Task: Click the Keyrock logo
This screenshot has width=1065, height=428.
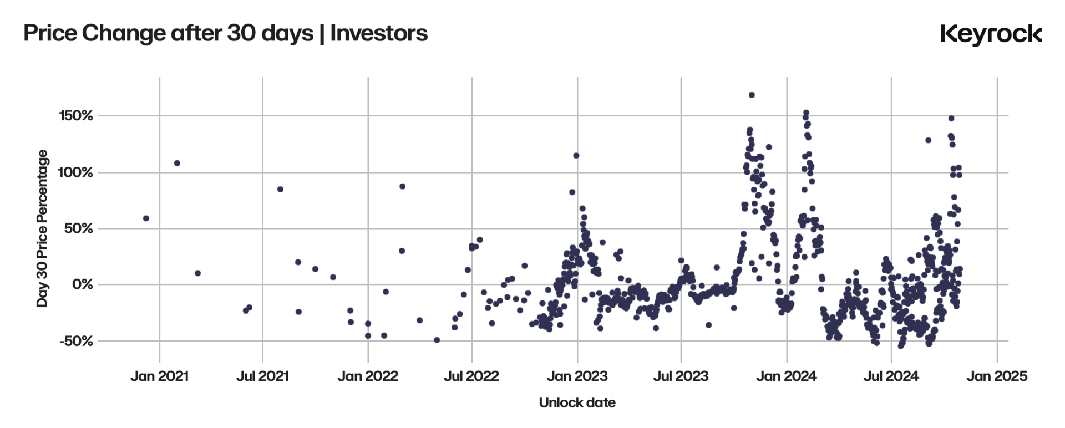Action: click(991, 34)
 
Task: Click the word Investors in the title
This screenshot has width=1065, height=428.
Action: click(379, 33)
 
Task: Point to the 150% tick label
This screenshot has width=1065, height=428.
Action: click(76, 116)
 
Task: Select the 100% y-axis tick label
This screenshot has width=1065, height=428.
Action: click(75, 172)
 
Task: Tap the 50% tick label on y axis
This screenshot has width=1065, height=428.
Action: click(79, 228)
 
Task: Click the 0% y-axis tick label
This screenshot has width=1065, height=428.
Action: click(83, 284)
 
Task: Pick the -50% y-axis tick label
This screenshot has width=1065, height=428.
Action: click(77, 341)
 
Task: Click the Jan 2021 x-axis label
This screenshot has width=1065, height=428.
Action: click(160, 376)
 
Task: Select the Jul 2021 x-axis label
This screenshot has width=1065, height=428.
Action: click(262, 376)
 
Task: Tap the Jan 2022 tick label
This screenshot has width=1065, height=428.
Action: click(368, 376)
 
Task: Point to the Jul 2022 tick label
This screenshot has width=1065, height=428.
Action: click(471, 376)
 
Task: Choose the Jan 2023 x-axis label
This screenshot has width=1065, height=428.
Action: click(577, 376)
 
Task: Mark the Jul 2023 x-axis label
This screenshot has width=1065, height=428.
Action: click(681, 376)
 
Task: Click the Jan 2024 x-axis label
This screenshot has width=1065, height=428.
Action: click(787, 376)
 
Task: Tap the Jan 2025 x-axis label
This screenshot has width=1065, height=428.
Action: click(997, 376)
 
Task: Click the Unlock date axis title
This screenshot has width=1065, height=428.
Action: click(577, 402)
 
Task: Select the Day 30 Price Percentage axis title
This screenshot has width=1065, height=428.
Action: click(42, 228)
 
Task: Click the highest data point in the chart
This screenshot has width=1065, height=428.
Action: click(752, 95)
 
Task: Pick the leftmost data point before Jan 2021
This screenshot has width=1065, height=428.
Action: click(146, 218)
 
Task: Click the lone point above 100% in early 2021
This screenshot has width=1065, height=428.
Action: click(177, 163)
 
